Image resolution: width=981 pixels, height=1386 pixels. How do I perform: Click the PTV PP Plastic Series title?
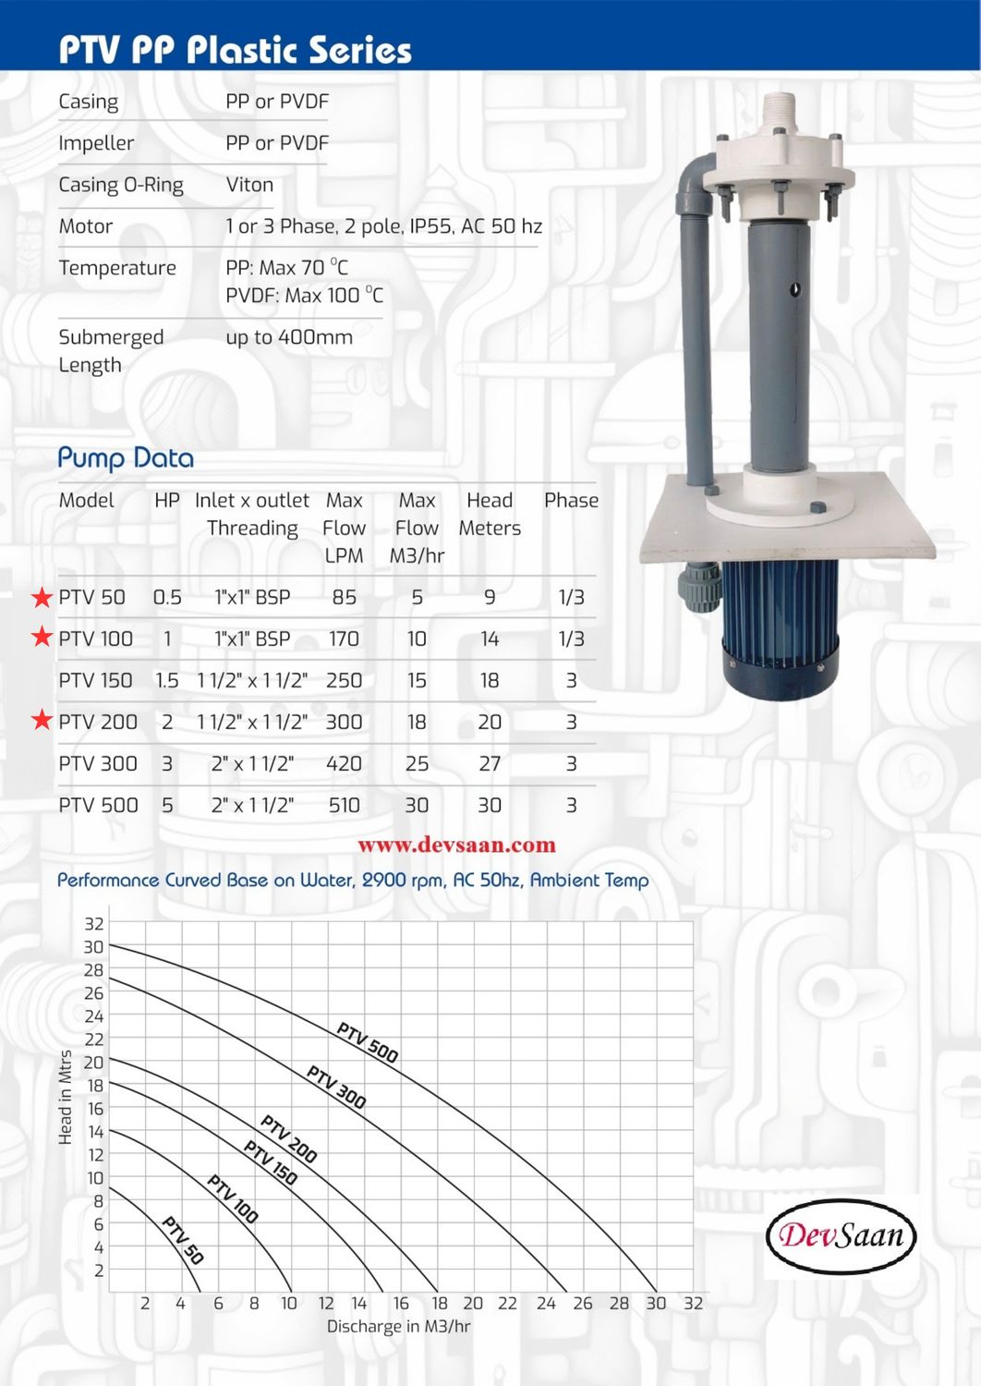(x=235, y=50)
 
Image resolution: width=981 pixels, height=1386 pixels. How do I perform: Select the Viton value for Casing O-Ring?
(x=249, y=185)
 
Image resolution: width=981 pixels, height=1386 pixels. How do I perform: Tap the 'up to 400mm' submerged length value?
(x=289, y=337)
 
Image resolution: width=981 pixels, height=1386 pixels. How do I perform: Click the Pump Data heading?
(x=126, y=458)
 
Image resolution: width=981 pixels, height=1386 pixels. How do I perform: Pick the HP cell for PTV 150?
(x=167, y=681)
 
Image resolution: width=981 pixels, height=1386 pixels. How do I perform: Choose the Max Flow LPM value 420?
(x=344, y=764)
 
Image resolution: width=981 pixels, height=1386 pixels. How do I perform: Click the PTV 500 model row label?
(x=98, y=806)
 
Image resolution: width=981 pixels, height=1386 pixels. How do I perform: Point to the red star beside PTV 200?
(x=42, y=720)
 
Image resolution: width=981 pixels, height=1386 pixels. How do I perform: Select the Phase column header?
(x=571, y=501)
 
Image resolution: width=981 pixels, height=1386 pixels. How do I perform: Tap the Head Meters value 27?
(x=490, y=764)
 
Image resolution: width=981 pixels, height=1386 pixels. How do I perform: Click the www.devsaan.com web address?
(x=456, y=845)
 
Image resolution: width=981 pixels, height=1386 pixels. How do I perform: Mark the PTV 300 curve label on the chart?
(x=336, y=1088)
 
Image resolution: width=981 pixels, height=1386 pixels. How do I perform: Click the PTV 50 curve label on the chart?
(x=183, y=1240)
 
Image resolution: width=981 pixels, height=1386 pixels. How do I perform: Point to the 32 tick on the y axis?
(x=94, y=924)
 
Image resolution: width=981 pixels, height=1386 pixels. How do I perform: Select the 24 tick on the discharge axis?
(x=546, y=1304)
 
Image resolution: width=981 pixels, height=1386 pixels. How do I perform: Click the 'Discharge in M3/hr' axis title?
(x=398, y=1327)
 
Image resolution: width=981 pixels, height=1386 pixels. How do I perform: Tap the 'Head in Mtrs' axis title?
(x=66, y=1097)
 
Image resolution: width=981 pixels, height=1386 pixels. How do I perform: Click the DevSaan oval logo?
(x=841, y=1235)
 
